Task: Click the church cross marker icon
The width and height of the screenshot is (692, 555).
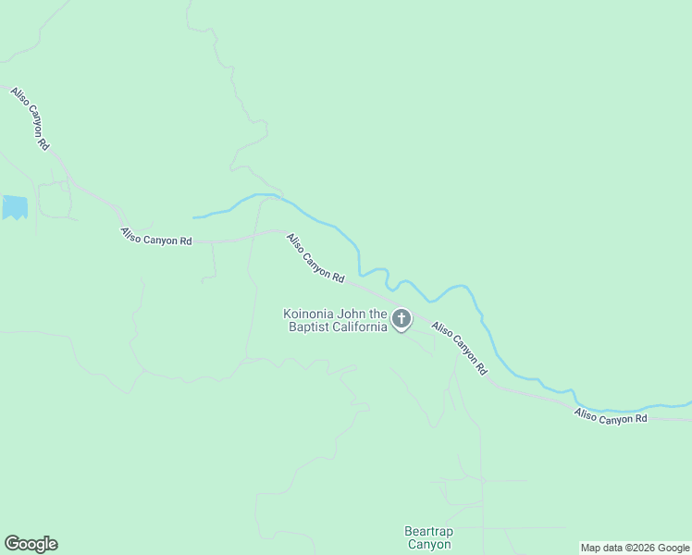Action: pos(401,320)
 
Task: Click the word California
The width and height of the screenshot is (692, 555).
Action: pos(359,327)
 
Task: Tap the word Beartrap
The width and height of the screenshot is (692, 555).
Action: pos(427,532)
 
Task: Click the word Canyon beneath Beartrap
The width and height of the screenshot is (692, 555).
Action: pos(427,545)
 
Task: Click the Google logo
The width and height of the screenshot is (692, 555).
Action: pos(31,544)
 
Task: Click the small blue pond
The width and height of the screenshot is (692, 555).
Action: pos(14,207)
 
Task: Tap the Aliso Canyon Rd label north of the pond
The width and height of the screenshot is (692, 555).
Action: pos(30,118)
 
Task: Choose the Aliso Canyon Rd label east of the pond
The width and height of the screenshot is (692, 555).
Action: pos(156,237)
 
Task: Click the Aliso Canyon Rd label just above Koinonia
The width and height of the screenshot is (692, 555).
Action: pos(315,258)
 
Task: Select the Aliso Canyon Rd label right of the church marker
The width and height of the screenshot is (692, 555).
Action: pos(459,348)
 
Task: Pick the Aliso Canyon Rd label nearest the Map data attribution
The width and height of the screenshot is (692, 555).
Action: pos(610,417)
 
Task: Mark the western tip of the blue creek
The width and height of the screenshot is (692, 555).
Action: pos(193,217)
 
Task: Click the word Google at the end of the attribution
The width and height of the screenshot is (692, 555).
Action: pos(673,548)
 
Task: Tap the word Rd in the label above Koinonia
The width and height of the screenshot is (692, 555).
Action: pos(339,277)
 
